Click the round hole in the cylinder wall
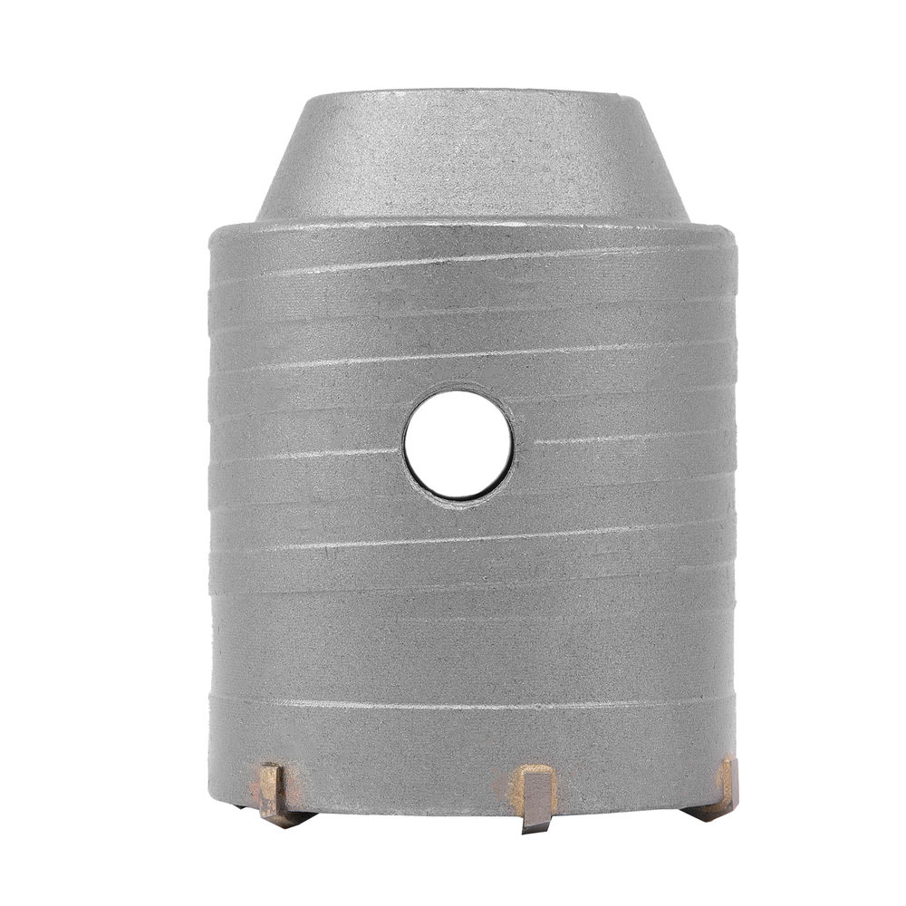458,443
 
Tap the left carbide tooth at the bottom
276,792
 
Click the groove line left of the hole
308,452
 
